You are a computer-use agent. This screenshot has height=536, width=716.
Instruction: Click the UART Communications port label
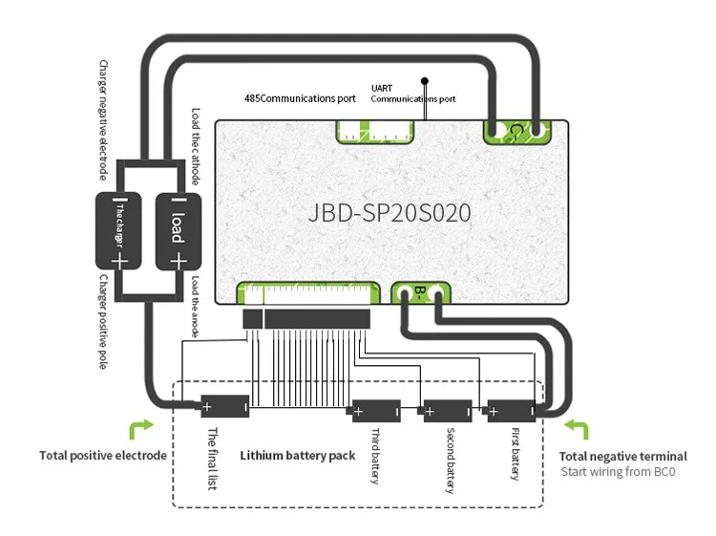(412, 94)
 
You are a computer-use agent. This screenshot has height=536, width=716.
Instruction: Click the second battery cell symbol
(446, 412)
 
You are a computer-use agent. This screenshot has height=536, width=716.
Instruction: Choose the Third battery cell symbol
(376, 412)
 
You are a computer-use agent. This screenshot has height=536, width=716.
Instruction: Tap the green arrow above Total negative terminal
(579, 427)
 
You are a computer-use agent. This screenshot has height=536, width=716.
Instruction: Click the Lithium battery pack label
(297, 456)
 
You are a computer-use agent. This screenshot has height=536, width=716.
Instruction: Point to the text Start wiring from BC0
(618, 472)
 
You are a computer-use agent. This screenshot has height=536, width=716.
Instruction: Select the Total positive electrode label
(103, 456)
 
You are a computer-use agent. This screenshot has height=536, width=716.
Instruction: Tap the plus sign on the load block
(177, 259)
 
